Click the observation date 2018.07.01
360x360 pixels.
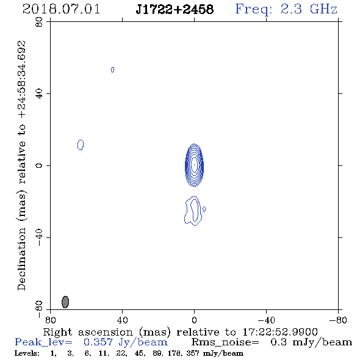coord(61,9)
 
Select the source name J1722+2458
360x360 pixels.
coord(175,9)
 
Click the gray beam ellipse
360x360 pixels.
coord(65,301)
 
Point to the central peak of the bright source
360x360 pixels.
coord(194,165)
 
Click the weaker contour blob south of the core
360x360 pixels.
coord(193,211)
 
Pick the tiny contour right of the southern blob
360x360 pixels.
coord(204,209)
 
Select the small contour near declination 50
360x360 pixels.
coord(112,70)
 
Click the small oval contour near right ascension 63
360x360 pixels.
coord(81,145)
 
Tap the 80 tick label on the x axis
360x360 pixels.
coord(50,320)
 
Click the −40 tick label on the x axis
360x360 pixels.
coord(266,320)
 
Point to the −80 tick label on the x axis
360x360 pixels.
coord(338,320)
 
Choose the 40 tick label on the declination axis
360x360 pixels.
coord(39,94)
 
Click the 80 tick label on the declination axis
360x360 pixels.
coord(39,22)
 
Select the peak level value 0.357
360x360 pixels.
coord(98,342)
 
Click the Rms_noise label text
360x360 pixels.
coord(225,342)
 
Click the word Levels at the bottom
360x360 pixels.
coord(27,353)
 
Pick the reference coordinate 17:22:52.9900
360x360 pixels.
coord(280,332)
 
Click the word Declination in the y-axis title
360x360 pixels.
coord(21,259)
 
